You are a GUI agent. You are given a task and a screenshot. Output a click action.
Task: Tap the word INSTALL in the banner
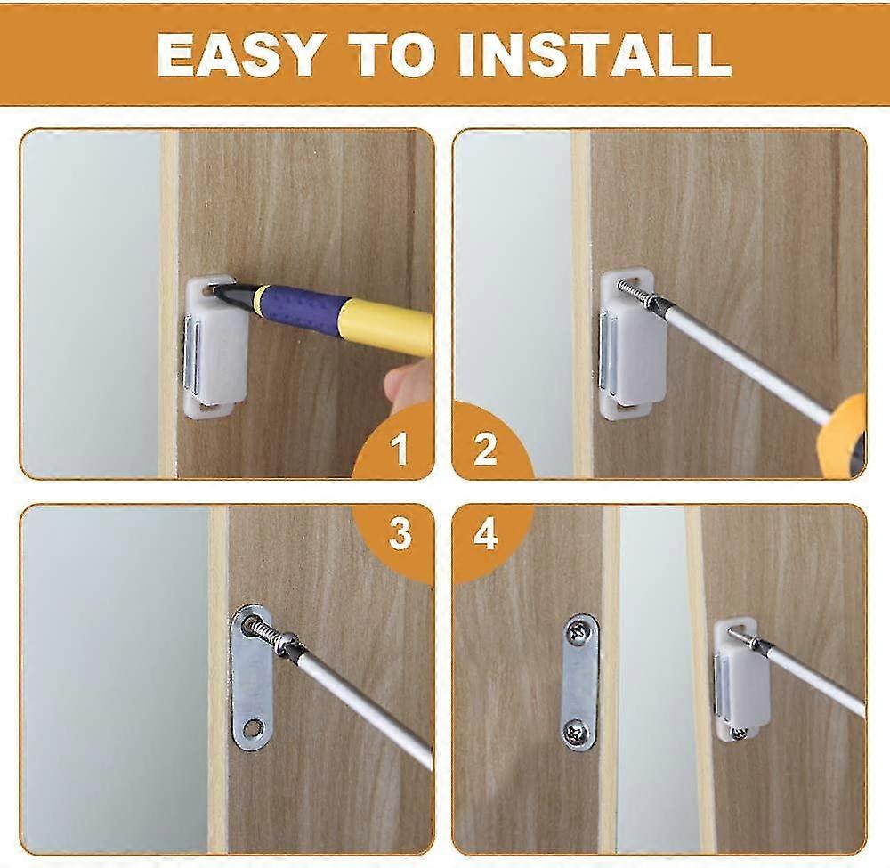point(595,54)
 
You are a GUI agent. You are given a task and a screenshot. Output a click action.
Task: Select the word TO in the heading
point(394,54)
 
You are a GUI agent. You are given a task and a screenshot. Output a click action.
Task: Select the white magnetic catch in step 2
point(631,345)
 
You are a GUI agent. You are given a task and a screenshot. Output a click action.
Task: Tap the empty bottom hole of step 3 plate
point(254,726)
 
